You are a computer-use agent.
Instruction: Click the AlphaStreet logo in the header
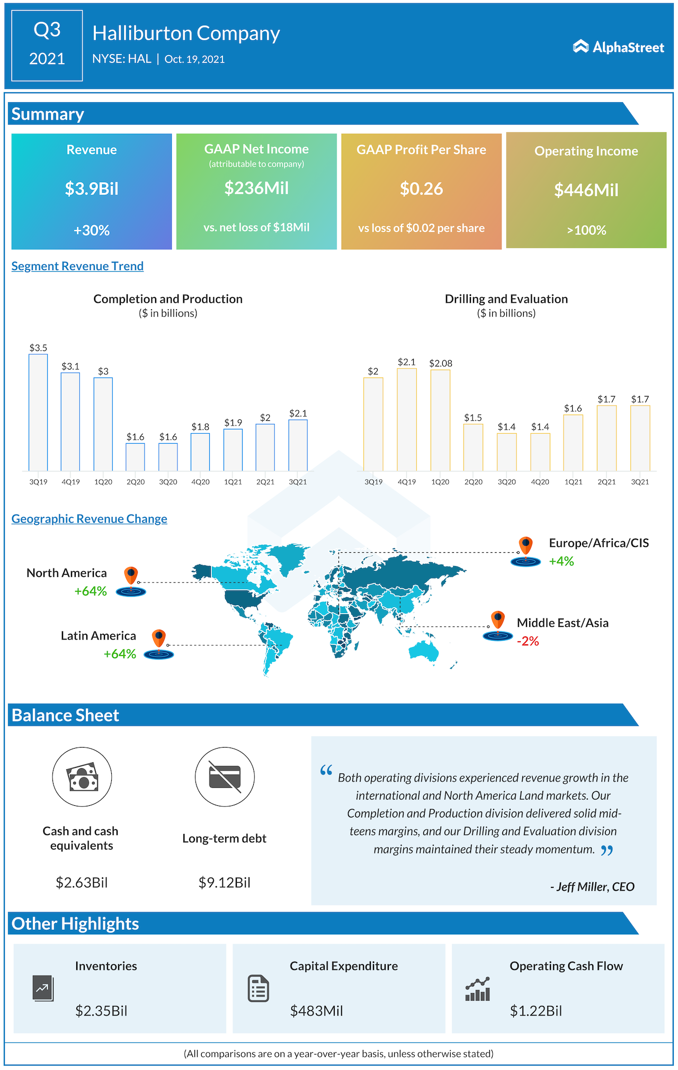(618, 47)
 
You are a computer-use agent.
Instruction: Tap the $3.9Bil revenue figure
(92, 189)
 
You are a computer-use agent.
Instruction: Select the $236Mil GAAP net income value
(256, 188)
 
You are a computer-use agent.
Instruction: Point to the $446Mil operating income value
(586, 190)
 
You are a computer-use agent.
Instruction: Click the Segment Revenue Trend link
(77, 266)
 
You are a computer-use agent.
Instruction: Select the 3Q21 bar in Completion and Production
(298, 445)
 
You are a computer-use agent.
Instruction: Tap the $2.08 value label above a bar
(441, 363)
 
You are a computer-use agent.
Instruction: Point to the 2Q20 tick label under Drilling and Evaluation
(474, 482)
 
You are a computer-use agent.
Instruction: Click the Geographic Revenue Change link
(89, 519)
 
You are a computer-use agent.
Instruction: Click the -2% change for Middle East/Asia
(528, 642)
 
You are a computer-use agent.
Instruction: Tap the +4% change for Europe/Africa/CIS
(561, 561)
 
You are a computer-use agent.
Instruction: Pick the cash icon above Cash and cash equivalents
(82, 777)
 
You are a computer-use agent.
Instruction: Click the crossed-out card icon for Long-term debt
(225, 777)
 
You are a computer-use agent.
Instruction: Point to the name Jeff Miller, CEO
(593, 887)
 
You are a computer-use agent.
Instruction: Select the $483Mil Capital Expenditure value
(316, 1011)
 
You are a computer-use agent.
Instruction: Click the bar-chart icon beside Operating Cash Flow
(477, 990)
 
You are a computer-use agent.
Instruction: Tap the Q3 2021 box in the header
(47, 45)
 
